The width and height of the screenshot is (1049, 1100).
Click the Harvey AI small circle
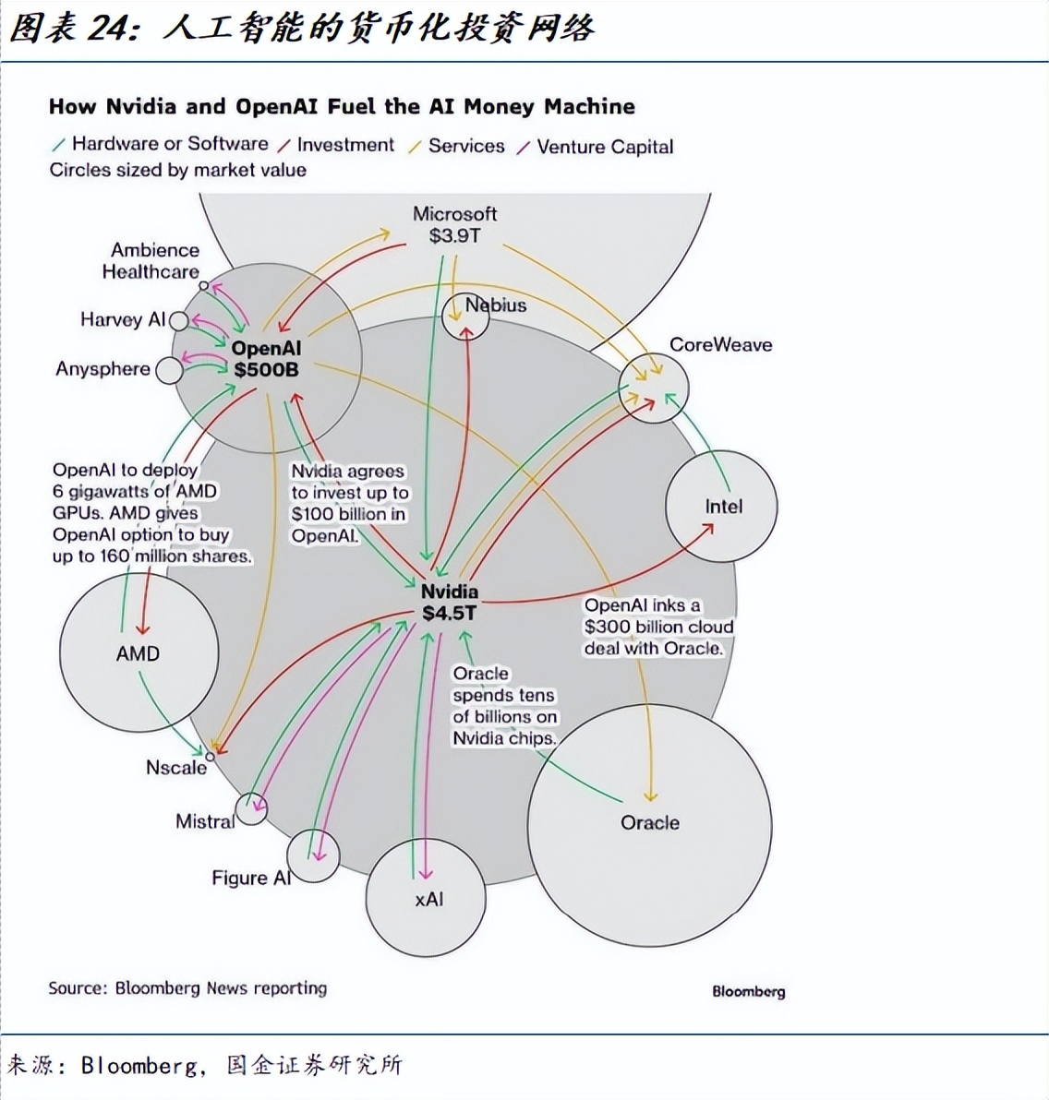coord(178,321)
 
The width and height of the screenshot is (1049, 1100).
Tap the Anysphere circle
coord(169,370)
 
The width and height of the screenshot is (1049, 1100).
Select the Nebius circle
coord(464,317)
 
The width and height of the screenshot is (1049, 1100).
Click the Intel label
coord(723,506)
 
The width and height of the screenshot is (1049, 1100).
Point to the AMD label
coord(138,653)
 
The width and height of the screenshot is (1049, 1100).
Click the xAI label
coord(428,898)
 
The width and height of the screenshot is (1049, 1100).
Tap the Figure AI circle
coord(312,855)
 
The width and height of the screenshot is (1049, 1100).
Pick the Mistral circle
coord(250,810)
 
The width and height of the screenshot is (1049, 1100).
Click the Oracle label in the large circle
coord(649,822)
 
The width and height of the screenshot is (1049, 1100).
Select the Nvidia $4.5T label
coord(450,602)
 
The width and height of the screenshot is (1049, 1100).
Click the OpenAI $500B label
coord(266,359)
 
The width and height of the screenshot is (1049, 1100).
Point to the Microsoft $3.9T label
coord(454,224)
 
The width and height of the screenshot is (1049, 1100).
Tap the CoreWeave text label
coord(720,344)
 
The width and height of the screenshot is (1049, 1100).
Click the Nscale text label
coord(176,767)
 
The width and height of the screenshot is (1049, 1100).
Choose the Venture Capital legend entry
coord(605,147)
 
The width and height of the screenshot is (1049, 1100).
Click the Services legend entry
coord(466,146)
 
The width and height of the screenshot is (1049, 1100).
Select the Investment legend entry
coord(345,145)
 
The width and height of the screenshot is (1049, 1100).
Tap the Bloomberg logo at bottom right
coord(748,991)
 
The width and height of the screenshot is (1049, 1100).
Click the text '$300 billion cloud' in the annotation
coord(658,627)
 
